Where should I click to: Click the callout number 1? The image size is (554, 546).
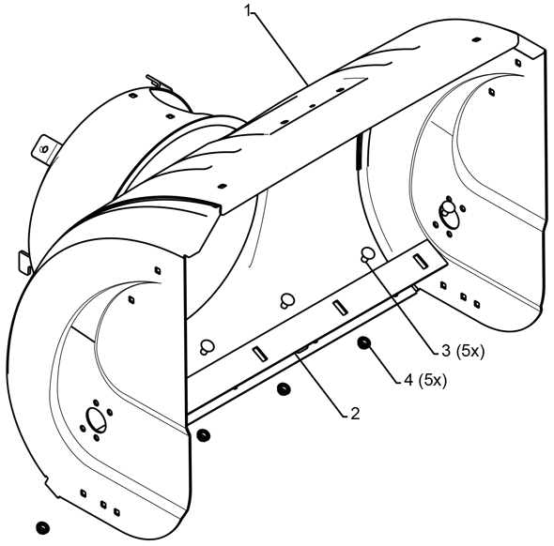click(x=248, y=11)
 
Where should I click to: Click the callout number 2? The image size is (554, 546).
click(x=355, y=414)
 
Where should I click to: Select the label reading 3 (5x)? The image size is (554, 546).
click(x=463, y=351)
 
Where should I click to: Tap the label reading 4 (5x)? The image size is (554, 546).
click(x=425, y=380)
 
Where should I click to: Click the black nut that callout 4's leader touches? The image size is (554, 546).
click(x=363, y=342)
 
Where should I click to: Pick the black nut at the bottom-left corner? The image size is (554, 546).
click(x=43, y=527)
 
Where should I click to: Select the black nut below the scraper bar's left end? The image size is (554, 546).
click(x=203, y=434)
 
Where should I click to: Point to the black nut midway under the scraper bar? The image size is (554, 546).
click(x=284, y=389)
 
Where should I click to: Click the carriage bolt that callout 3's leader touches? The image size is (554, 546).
click(x=367, y=254)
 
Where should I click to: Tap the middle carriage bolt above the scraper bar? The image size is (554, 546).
click(x=287, y=301)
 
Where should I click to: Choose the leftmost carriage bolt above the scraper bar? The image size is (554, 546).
click(x=207, y=346)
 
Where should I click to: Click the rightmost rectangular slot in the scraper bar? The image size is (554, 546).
click(x=421, y=261)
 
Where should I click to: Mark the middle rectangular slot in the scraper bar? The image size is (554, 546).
click(x=340, y=307)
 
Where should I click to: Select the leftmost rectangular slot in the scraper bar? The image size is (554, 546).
click(x=259, y=354)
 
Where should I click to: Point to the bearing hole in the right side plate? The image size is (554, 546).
click(x=449, y=215)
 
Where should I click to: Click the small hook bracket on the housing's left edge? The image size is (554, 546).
click(x=24, y=262)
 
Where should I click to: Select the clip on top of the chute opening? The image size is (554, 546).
click(x=159, y=83)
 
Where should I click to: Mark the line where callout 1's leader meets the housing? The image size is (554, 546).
click(x=307, y=84)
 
